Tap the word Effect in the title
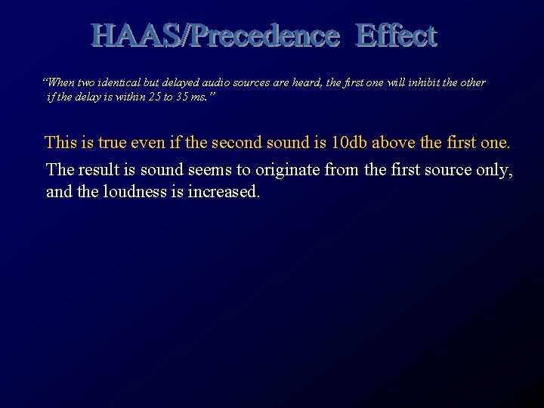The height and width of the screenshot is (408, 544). point(396,35)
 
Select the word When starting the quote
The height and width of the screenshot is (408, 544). point(60,82)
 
